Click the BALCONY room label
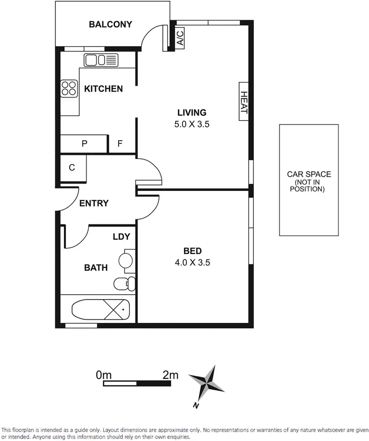(x=110, y=24)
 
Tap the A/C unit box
(x=180, y=37)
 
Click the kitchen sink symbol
(x=101, y=60)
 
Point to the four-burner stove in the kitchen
(x=69, y=89)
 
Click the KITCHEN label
(x=103, y=89)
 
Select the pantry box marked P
(x=84, y=144)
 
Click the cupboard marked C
(x=72, y=168)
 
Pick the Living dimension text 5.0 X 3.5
(x=192, y=125)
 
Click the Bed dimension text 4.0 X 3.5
(x=192, y=262)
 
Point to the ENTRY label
(x=93, y=203)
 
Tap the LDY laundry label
(x=121, y=237)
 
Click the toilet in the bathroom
(x=123, y=283)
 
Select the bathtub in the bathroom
(x=100, y=310)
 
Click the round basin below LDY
(x=126, y=261)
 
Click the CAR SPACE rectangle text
(x=309, y=181)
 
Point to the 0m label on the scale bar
(x=104, y=375)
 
